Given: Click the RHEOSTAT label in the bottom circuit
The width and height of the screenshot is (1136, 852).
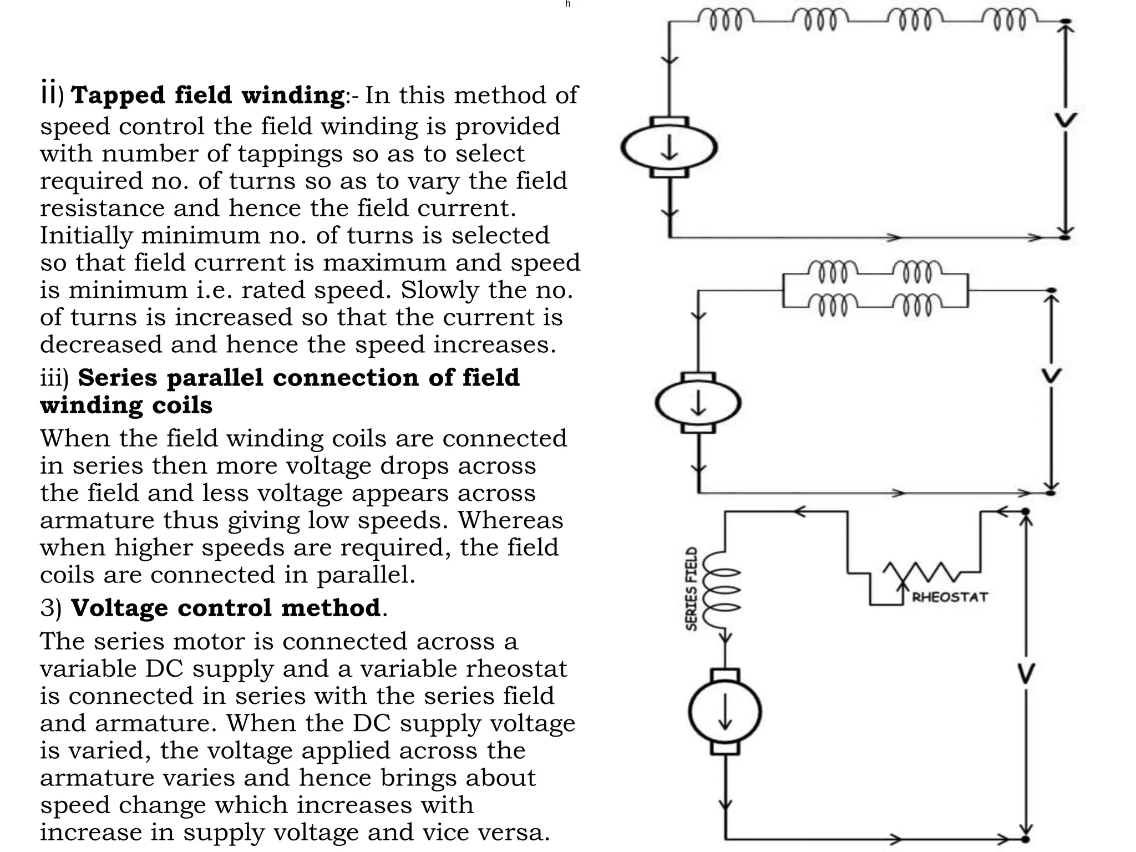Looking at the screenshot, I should coord(950,597).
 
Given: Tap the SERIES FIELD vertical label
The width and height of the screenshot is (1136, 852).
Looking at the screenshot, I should coord(692,589).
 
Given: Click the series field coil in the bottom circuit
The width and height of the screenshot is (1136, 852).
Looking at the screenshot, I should coord(721,590).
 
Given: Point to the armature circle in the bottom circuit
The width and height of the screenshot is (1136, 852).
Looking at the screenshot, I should coord(725,712).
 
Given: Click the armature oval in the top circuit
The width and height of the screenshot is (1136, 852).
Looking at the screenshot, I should coord(669,148).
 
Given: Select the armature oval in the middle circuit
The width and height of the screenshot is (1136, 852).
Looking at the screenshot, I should coord(698,403).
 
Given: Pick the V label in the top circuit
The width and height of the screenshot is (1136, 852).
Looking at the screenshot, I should coord(1066,120).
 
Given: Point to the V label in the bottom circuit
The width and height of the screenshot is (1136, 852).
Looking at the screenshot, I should coord(1026,674).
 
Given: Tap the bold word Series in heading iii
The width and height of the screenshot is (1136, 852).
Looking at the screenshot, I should coord(118,378).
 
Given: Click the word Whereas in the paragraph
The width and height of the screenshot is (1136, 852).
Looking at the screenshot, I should coord(510,520).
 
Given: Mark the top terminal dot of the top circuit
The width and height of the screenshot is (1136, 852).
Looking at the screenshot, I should coord(1065,22).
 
